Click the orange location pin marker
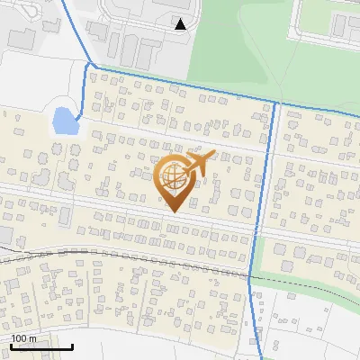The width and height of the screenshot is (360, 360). (x=176, y=180)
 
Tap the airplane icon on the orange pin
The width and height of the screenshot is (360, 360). (x=199, y=163)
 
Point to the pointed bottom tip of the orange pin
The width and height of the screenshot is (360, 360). (x=174, y=211)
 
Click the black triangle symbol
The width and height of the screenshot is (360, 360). (x=181, y=24)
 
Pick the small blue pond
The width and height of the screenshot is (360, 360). (x=62, y=120)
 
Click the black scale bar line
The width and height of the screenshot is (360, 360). (x=40, y=346)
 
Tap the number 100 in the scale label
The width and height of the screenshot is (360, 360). (x=19, y=338)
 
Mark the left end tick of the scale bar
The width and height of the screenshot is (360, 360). (x=10, y=345)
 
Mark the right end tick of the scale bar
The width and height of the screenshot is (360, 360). (x=72, y=345)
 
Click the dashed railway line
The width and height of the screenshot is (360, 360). (x=135, y=250)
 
